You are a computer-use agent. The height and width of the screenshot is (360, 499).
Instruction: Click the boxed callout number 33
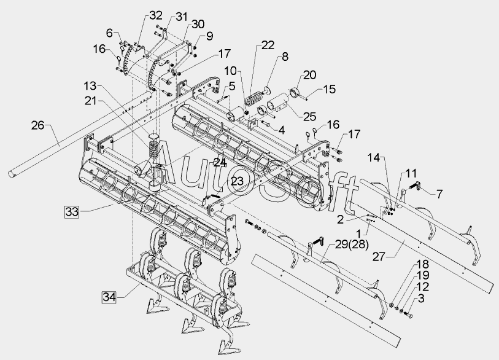coord(71,212)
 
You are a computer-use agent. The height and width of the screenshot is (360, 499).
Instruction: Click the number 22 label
coord(267,44)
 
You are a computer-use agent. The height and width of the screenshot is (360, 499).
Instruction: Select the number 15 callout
coord(330,90)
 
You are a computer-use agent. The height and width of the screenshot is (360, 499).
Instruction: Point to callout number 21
coord(90,100)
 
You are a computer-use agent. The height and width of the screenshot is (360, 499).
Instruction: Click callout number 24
coord(220,162)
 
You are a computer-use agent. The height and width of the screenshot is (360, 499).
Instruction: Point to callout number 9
coord(209,36)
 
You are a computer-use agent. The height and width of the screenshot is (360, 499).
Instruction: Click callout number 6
coord(110,33)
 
